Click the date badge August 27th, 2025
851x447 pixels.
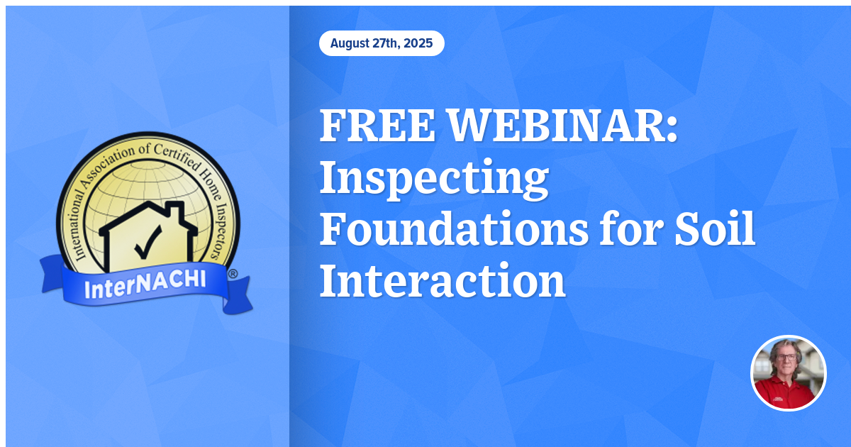(x=382, y=43)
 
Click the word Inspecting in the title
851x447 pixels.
(x=434, y=180)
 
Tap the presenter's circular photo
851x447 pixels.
(x=789, y=372)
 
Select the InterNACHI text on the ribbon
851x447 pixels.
(x=145, y=284)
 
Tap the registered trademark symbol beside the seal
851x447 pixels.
(x=233, y=273)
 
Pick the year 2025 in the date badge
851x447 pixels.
(x=418, y=43)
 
